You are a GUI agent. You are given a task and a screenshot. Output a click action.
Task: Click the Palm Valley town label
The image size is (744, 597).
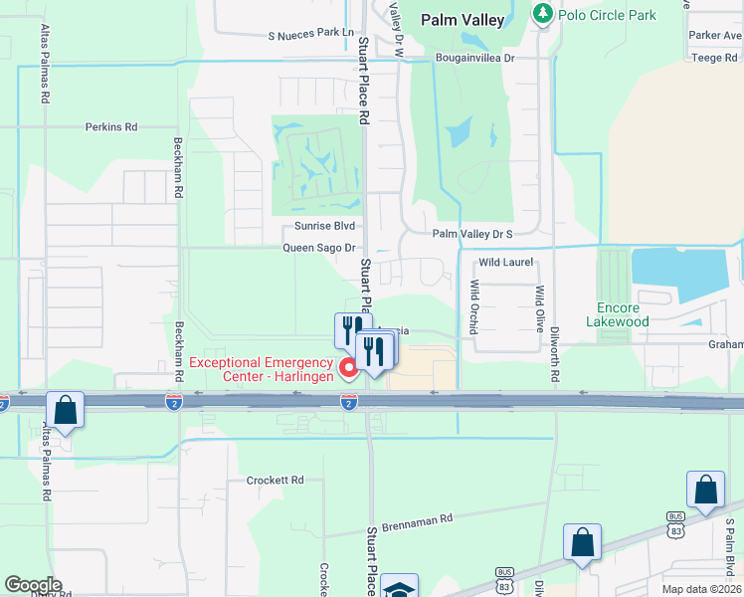click(x=463, y=19)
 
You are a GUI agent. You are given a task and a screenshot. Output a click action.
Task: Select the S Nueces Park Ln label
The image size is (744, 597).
click(x=310, y=33)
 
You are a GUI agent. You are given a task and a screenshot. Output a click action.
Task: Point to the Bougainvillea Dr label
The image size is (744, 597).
click(x=473, y=59)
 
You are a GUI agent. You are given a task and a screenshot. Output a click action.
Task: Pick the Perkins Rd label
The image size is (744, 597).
click(x=110, y=127)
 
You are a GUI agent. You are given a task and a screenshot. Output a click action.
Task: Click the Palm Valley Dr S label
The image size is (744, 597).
click(x=471, y=234)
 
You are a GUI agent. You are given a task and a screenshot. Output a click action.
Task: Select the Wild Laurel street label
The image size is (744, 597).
click(x=506, y=263)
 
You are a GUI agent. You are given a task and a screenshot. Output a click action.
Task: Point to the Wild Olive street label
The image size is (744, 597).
click(x=540, y=308)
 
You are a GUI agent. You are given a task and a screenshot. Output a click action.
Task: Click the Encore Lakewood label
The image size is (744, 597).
click(x=637, y=314)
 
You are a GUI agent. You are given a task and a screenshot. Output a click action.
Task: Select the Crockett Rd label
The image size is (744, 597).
click(x=275, y=480)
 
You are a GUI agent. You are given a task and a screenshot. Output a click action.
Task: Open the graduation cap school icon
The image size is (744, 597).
click(x=399, y=588)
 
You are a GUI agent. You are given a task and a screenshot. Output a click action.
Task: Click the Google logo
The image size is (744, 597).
click(x=33, y=585)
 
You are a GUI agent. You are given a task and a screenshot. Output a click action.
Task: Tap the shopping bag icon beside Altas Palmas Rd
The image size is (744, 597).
click(x=65, y=410)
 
